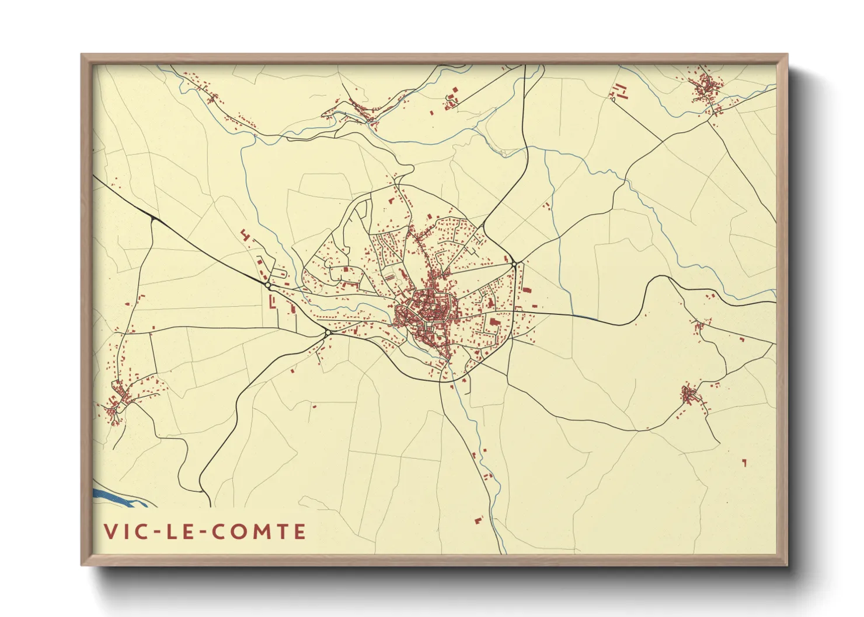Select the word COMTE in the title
257,531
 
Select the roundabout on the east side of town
514,265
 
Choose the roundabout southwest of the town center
328,332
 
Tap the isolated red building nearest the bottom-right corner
744,462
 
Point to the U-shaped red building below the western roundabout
271,302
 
